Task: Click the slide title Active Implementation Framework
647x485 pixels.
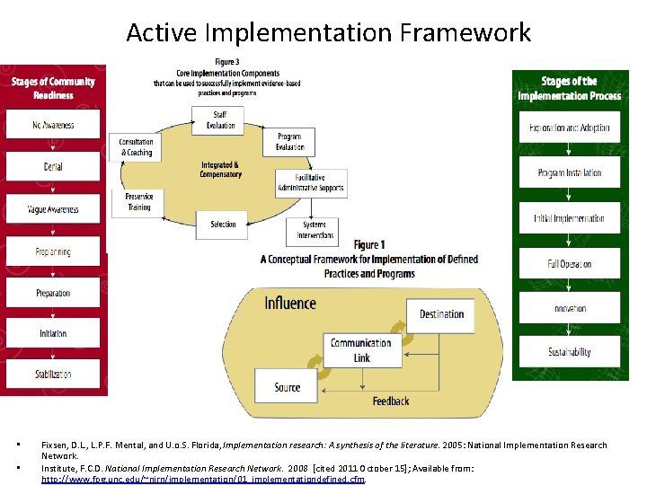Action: [328, 33]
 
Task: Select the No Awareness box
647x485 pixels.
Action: [53, 124]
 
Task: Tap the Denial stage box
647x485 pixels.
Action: [53, 166]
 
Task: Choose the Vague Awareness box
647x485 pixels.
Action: [53, 208]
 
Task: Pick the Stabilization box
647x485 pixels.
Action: [53, 375]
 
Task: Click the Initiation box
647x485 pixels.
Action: [53, 333]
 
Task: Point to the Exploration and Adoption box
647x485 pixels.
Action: [569, 128]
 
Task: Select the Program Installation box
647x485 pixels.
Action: [569, 172]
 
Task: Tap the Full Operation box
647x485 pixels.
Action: [569, 263]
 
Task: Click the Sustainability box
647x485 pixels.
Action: [569, 352]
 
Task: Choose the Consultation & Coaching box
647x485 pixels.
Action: [136, 147]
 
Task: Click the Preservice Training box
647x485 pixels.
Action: [137, 202]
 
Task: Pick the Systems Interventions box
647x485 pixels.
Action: [314, 230]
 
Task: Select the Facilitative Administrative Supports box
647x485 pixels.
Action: [310, 182]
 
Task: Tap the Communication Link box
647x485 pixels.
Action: [360, 349]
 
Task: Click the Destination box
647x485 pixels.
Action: [440, 314]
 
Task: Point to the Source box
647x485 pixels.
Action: [288, 387]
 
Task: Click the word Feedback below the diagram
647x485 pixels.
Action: [391, 401]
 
